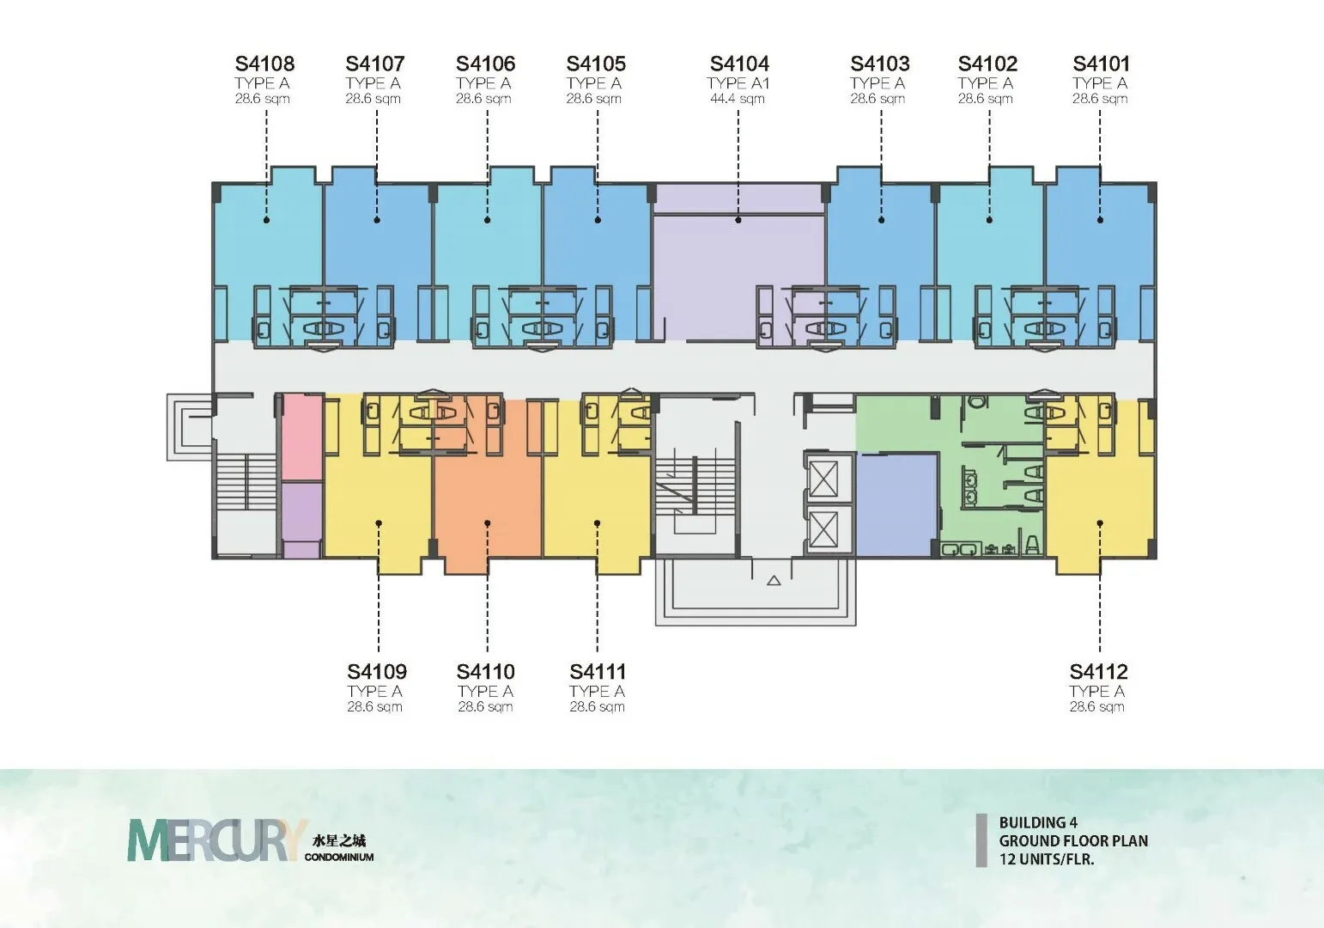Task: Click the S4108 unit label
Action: [x=264, y=64]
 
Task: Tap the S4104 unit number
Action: [x=739, y=64]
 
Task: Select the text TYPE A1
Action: [x=738, y=83]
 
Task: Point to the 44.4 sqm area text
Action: [x=737, y=99]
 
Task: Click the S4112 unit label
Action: [x=1099, y=671]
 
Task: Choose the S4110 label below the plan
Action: [x=485, y=671]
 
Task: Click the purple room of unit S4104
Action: [x=738, y=266]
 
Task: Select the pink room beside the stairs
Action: [x=301, y=437]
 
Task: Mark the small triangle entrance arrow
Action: [x=774, y=581]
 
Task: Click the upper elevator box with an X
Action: [x=823, y=479]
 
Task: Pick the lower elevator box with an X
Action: [x=823, y=529]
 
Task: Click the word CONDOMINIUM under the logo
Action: [x=339, y=857]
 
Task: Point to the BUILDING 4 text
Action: [x=1038, y=822]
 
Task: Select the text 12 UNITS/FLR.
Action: [x=1047, y=858]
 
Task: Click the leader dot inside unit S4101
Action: [x=1100, y=220]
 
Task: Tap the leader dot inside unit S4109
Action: [x=379, y=523]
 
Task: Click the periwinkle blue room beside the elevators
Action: [x=897, y=504]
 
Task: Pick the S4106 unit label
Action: [x=485, y=64]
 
